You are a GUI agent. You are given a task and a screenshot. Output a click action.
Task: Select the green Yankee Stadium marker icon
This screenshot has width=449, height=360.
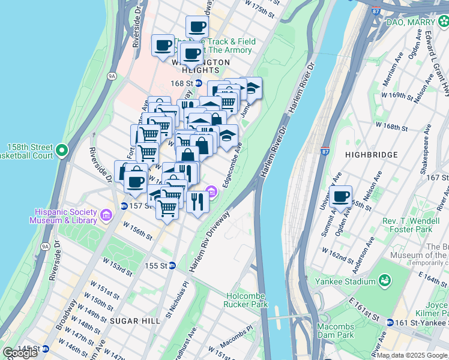pyautogui.click(x=384, y=281)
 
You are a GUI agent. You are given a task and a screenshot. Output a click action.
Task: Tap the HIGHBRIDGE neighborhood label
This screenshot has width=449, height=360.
pyautogui.click(x=372, y=155)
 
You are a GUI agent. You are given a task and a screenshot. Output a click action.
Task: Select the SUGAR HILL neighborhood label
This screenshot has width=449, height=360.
pyautogui.click(x=135, y=321)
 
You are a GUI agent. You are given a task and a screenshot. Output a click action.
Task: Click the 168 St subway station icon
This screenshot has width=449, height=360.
pyautogui.click(x=197, y=83)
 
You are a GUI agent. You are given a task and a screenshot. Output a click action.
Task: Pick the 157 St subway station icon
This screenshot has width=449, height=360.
pyautogui.click(x=123, y=206)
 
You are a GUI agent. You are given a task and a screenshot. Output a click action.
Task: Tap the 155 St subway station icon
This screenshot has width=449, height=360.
pyautogui.click(x=172, y=265)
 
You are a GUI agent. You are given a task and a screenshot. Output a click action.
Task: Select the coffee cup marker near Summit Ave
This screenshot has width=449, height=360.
pyautogui.click(x=341, y=197)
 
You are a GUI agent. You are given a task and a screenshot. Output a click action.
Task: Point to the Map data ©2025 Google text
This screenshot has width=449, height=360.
pyautogui.click(x=412, y=355)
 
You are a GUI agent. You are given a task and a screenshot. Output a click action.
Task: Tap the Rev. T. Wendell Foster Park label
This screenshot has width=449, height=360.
pyautogui.click(x=407, y=225)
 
